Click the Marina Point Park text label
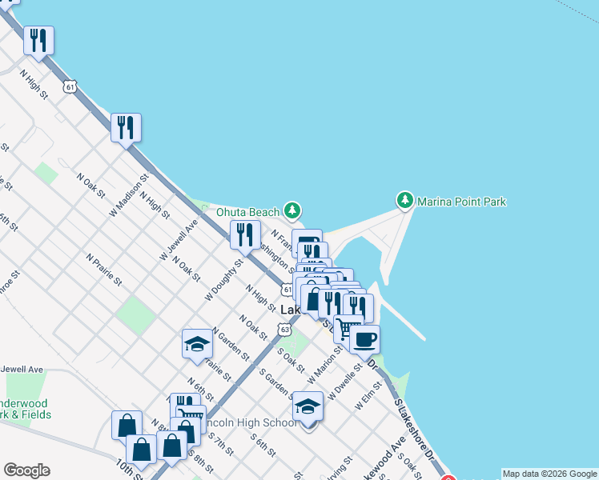[461, 202]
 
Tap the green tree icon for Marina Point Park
[405, 199]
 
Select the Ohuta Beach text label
[248, 212]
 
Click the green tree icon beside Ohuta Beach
[293, 210]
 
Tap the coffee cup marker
[364, 339]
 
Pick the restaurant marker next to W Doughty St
[244, 234]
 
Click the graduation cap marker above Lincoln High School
[308, 406]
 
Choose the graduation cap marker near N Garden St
[197, 344]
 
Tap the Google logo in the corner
[26, 470]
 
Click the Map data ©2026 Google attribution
[549, 474]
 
